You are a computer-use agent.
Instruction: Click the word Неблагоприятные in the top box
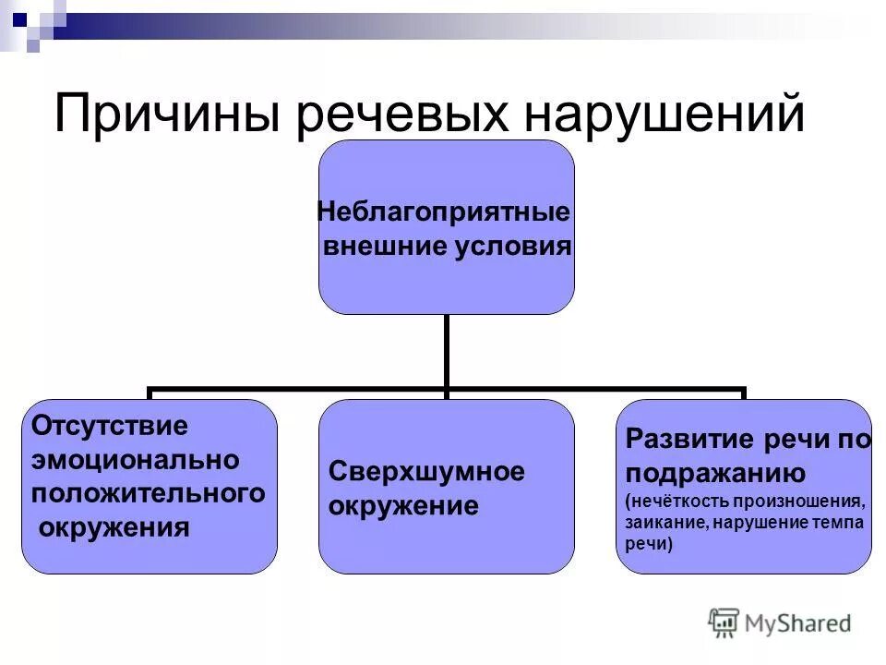(x=444, y=212)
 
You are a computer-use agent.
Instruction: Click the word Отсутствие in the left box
(x=110, y=426)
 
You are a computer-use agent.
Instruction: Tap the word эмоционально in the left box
(x=136, y=459)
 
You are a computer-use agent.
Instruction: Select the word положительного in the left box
(x=148, y=492)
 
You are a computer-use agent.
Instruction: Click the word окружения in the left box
(x=114, y=527)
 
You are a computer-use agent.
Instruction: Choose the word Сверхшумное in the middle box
(x=426, y=472)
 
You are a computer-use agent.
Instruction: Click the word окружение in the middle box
(x=403, y=506)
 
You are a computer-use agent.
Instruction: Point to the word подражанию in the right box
(x=716, y=473)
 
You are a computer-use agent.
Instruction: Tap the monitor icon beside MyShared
(x=724, y=623)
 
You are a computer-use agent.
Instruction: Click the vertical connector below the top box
(x=447, y=351)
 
